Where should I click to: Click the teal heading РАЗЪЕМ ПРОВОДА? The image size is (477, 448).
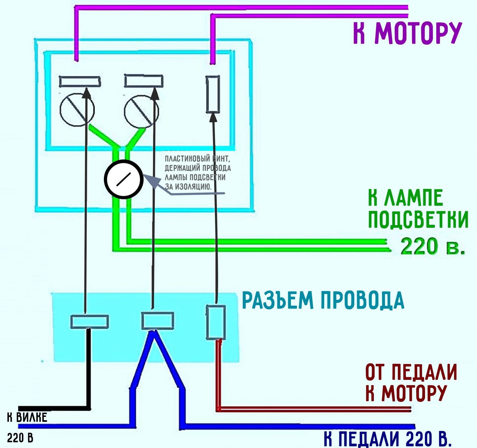click(x=323, y=300)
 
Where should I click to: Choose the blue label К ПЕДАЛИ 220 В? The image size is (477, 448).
click(x=387, y=439)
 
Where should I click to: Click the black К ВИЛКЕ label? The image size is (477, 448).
click(x=27, y=417)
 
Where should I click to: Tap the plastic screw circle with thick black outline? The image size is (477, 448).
click(x=124, y=179)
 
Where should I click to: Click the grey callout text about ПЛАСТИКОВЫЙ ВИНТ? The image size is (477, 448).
click(x=198, y=172)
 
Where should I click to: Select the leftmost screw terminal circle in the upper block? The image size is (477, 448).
click(x=77, y=110)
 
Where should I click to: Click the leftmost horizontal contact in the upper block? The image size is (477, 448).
click(x=79, y=81)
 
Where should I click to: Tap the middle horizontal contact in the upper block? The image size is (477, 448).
click(x=144, y=81)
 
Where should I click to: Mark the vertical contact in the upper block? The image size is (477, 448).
click(x=213, y=94)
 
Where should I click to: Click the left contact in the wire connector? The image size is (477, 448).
click(x=89, y=322)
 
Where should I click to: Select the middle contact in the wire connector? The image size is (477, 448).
click(x=158, y=320)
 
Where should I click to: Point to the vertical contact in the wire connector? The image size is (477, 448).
click(x=216, y=322)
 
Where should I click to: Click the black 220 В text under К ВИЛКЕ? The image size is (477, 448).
click(x=20, y=438)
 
